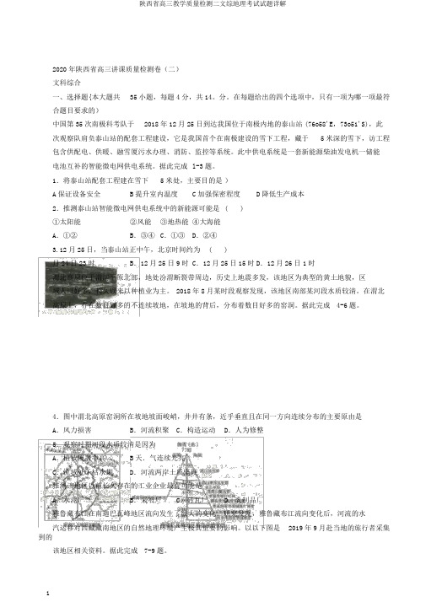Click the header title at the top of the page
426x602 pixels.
pos(213,5)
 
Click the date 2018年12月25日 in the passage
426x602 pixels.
pos(196,123)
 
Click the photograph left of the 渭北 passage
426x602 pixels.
pos(80,295)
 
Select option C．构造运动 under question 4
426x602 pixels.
pos(195,406)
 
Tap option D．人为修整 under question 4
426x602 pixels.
pos(245,406)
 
